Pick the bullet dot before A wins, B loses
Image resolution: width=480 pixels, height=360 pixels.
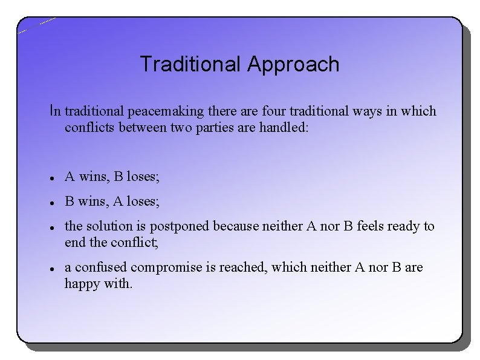[53, 178]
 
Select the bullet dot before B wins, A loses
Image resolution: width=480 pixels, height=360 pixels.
[53, 202]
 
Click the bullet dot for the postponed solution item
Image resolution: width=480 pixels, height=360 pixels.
[53, 227]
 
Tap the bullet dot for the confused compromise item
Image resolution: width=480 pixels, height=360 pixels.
[53, 268]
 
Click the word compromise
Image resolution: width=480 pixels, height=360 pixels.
[166, 267]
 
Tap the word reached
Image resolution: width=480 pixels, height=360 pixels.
[244, 267]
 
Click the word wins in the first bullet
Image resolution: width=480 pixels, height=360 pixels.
[92, 177]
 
